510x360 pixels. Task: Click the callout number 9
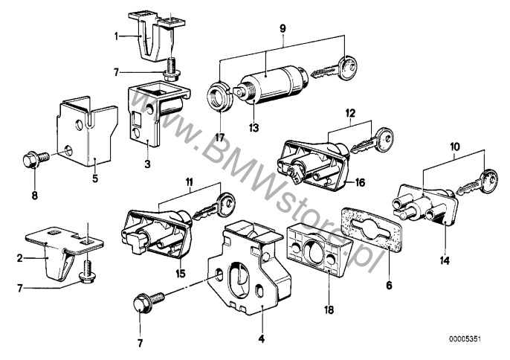point(283,29)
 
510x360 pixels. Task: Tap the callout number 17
point(220,138)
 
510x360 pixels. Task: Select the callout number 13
point(254,128)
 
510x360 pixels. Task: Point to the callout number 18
point(329,310)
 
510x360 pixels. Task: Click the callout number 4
point(262,339)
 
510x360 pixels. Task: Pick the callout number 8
point(34,196)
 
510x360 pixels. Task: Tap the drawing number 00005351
point(465,339)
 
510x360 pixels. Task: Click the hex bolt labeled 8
point(36,159)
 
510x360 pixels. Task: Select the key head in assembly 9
point(347,68)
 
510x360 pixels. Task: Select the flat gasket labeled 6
point(372,231)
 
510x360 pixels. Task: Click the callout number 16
point(360,183)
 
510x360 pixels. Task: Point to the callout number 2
point(20,258)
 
